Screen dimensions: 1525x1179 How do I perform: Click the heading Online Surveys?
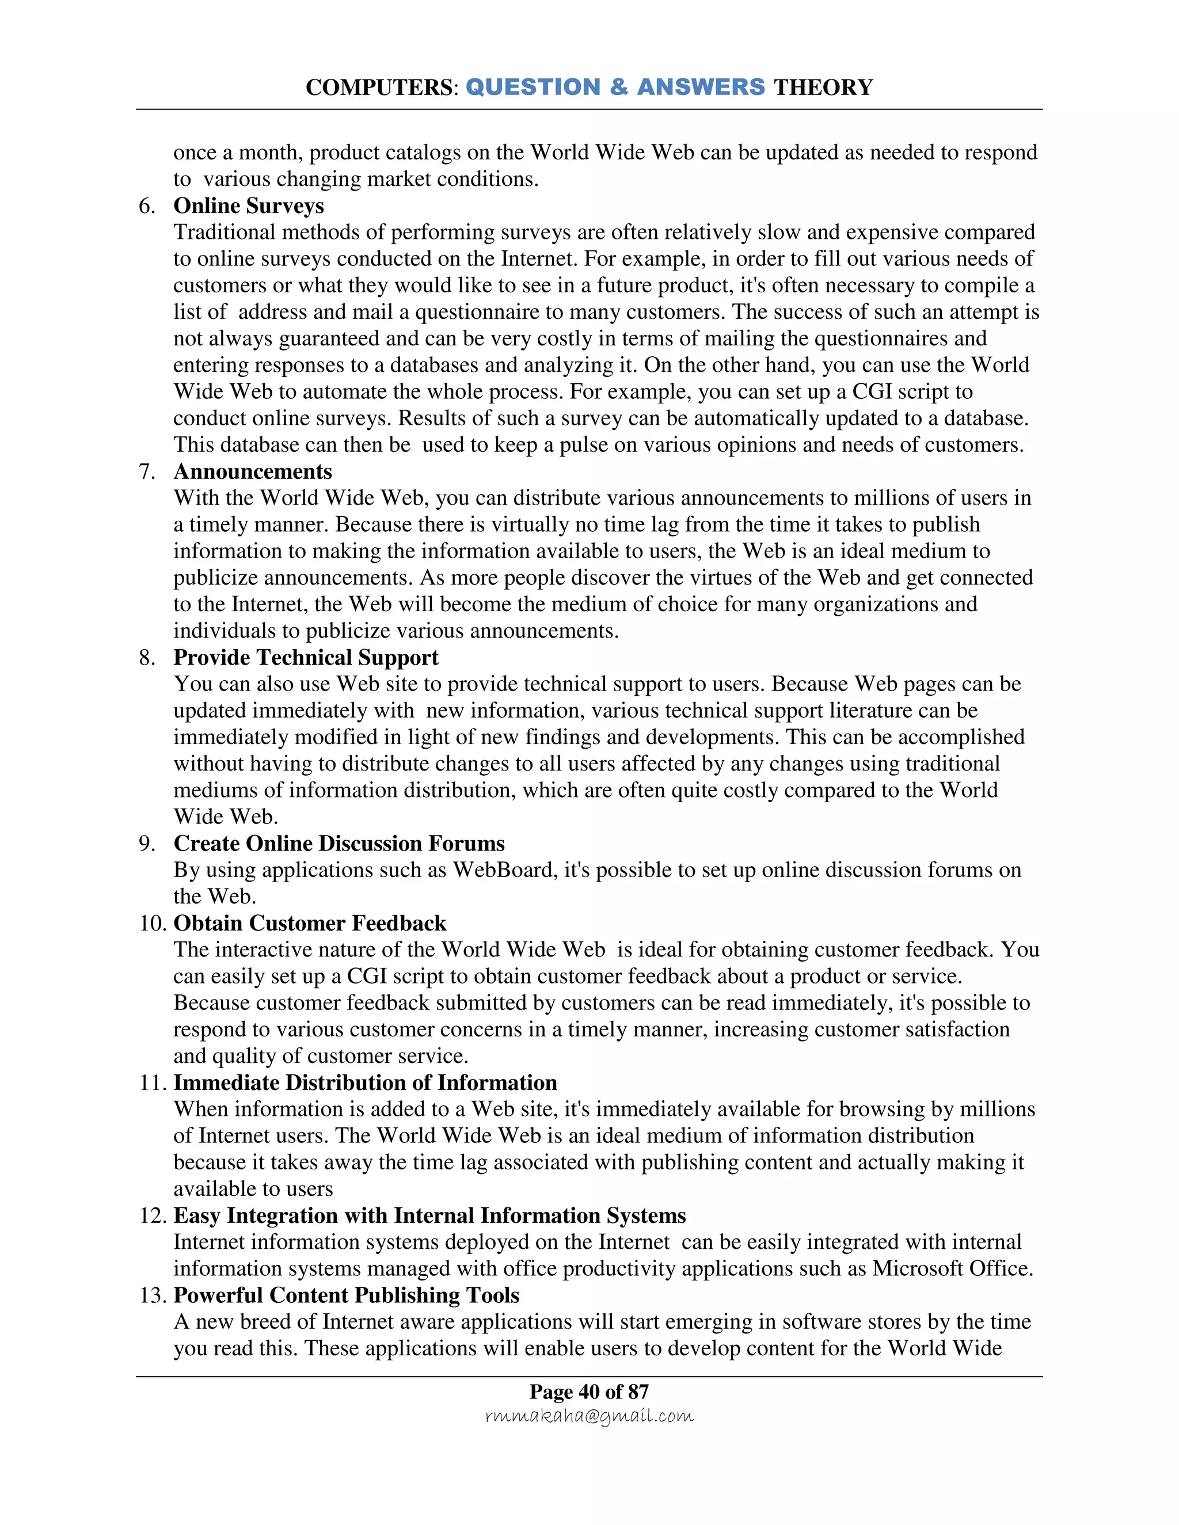pyautogui.click(x=249, y=206)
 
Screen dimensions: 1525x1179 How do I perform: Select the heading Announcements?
pyautogui.click(x=252, y=472)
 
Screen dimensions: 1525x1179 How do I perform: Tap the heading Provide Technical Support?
pyautogui.click(x=306, y=658)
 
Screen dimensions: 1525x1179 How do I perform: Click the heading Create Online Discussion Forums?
pyautogui.click(x=339, y=844)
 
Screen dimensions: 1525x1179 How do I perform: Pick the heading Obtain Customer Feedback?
pyautogui.click(x=309, y=923)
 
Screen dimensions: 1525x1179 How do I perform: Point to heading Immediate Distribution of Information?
pyautogui.click(x=364, y=1083)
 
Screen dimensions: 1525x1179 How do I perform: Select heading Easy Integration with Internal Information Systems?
pyautogui.click(x=429, y=1215)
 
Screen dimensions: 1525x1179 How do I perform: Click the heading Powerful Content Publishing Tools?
pyautogui.click(x=347, y=1295)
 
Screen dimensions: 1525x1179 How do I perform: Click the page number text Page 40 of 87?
pyautogui.click(x=589, y=1391)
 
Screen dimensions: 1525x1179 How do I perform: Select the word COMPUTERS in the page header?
pyautogui.click(x=379, y=87)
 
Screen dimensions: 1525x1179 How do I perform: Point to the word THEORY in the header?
pyautogui.click(x=823, y=87)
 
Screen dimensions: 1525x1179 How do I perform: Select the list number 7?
pyautogui.click(x=147, y=472)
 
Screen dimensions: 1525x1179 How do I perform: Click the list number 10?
pyautogui.click(x=151, y=923)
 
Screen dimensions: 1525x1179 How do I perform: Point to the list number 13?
pyautogui.click(x=151, y=1295)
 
